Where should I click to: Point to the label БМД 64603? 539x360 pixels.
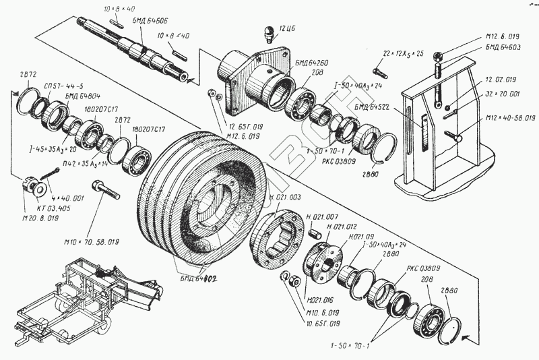499,48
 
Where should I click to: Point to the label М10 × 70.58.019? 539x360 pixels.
92,241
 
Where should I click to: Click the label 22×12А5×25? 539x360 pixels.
402,53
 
